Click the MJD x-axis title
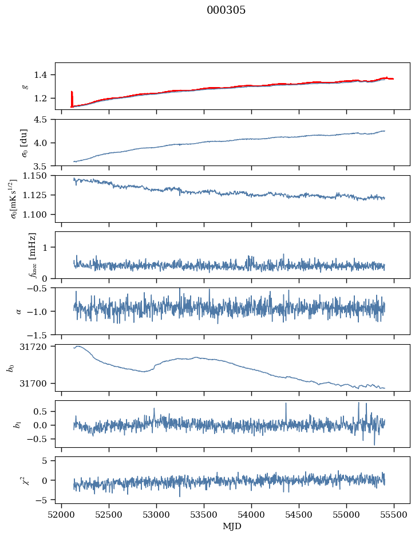[232, 526]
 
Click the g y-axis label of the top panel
[25, 86]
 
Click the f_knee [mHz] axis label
[32, 254]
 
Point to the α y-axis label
[19, 310]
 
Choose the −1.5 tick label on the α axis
[40, 334]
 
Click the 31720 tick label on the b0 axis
[37, 347]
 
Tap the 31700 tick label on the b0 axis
[37, 383]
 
